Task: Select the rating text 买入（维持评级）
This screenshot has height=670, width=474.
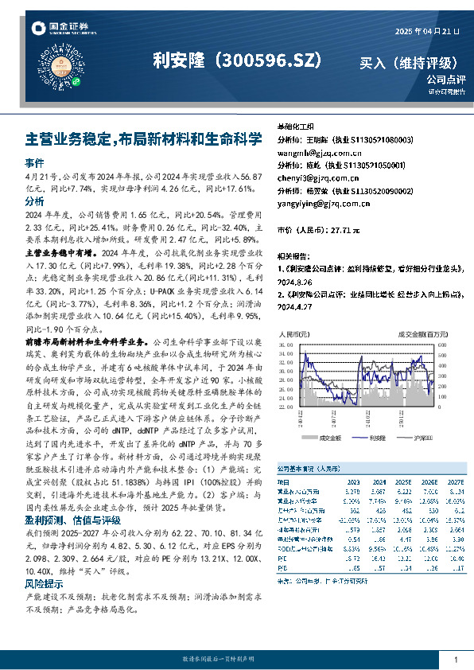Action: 408,62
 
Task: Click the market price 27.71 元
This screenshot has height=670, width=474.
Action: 341,229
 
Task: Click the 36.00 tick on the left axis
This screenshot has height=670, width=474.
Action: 284,324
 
